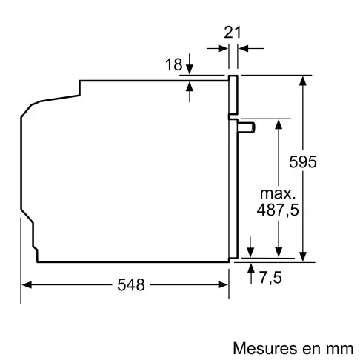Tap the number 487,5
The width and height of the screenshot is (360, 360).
[279, 210]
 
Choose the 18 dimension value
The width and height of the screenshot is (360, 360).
[173, 65]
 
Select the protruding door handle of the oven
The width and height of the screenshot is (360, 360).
[247, 128]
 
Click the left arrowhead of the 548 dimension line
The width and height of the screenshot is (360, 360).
[26, 284]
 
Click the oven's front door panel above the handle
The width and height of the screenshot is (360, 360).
[233, 96]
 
